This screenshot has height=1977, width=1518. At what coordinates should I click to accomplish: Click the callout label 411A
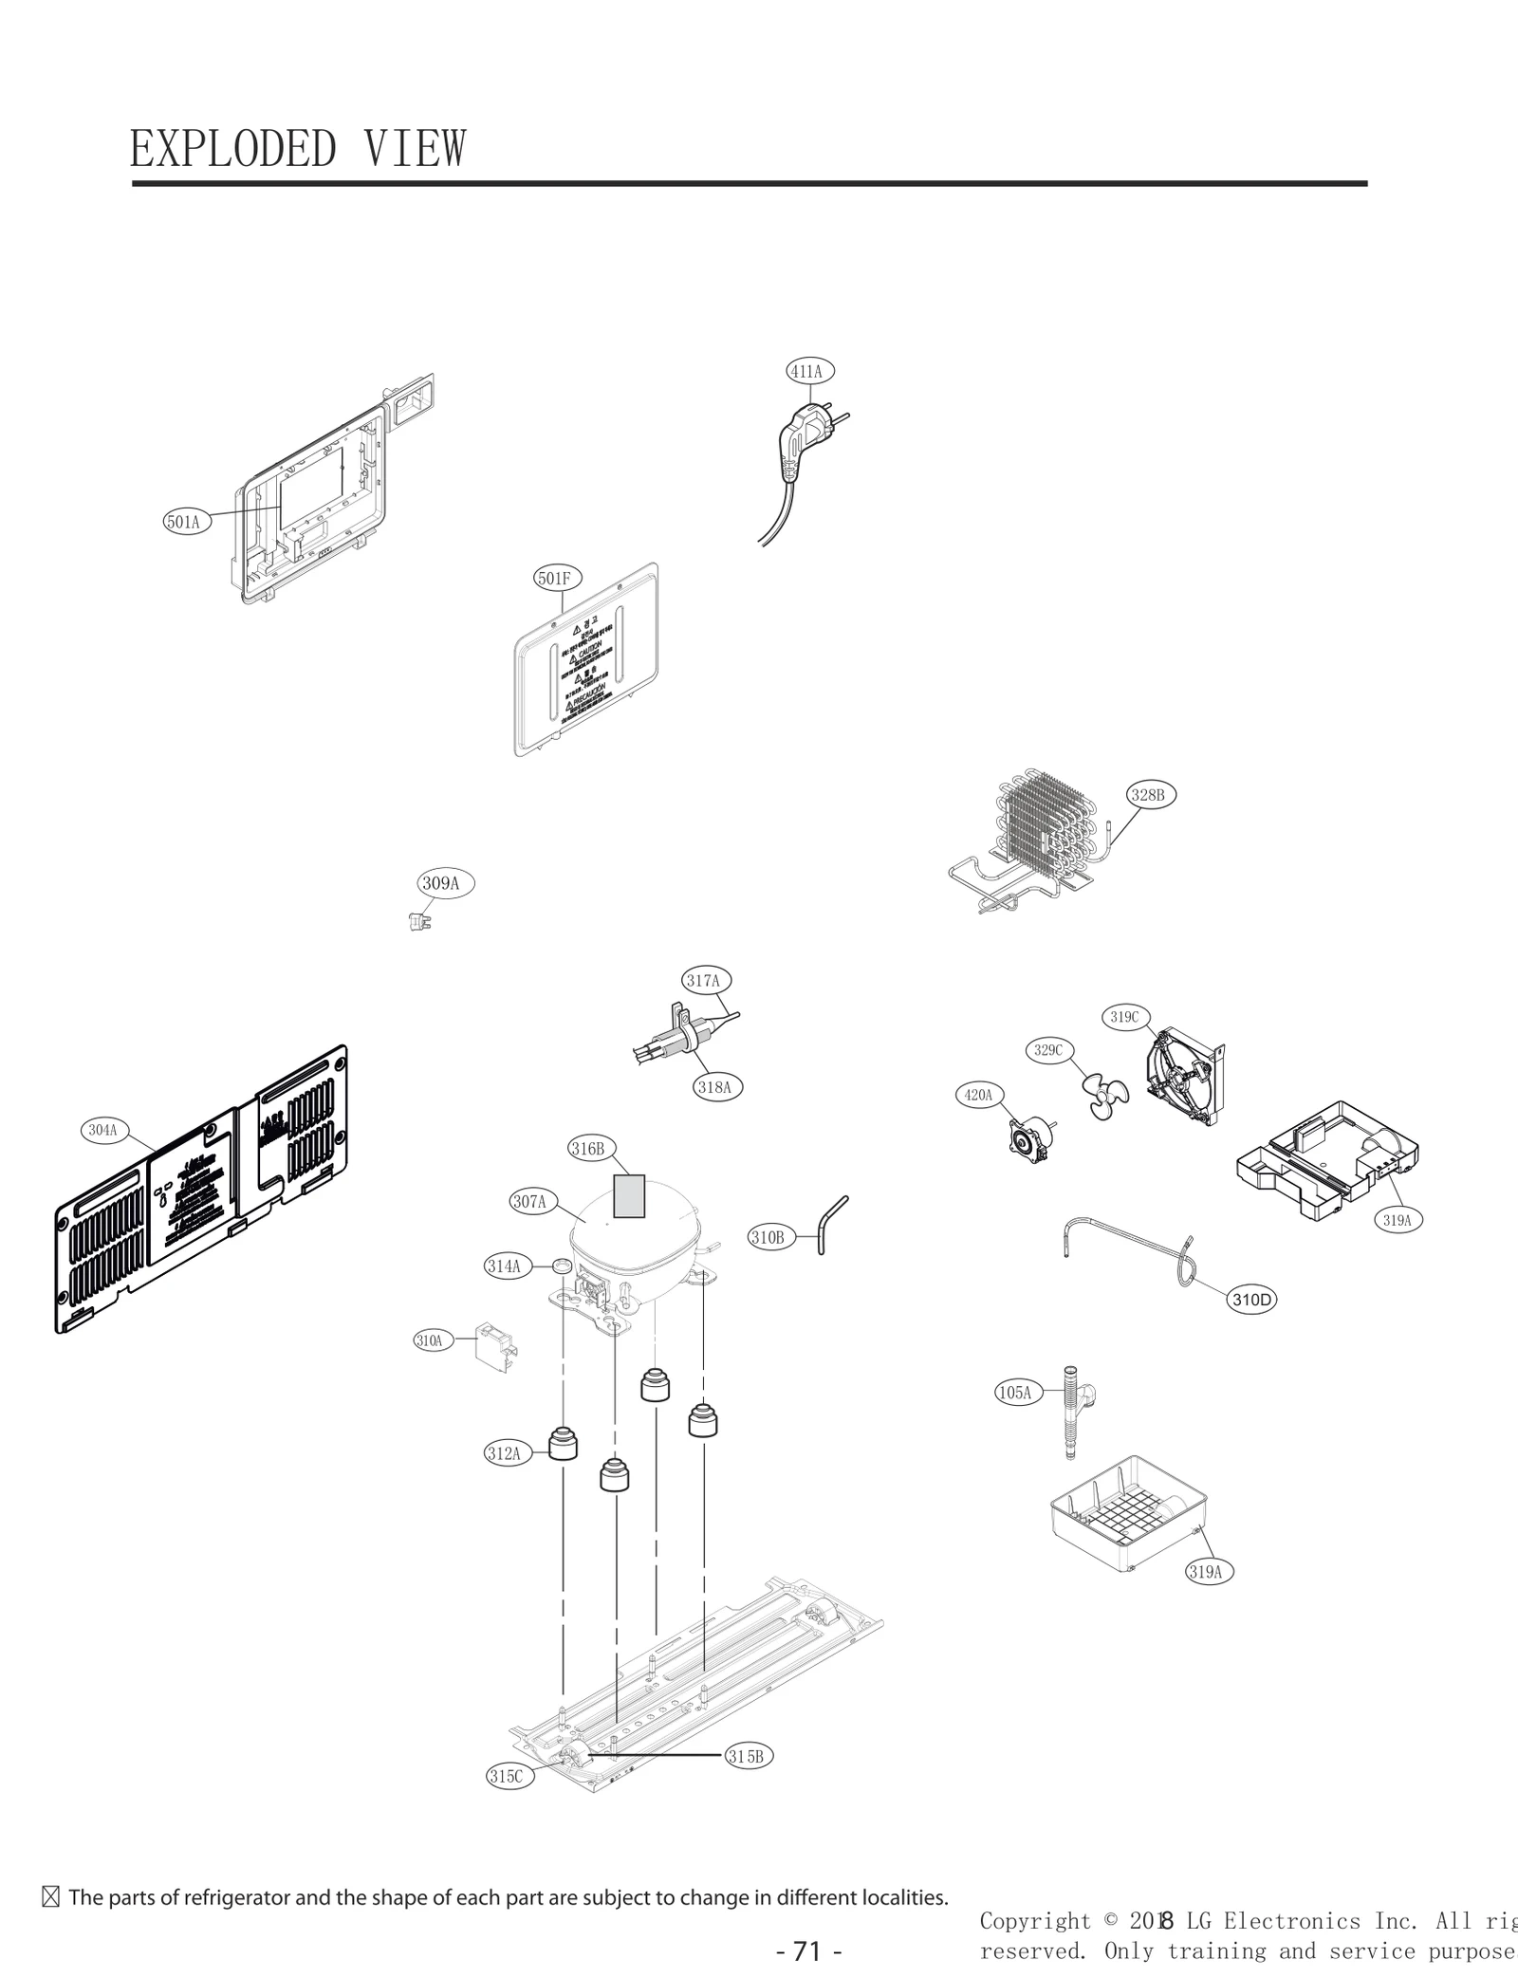point(808,371)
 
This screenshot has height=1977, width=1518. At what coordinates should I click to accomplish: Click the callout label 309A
point(442,883)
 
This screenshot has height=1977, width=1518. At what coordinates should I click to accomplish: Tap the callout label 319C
point(1125,1017)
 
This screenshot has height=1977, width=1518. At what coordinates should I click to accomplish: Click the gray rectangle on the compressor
point(629,1195)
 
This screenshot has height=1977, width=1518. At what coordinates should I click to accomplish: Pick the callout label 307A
point(530,1202)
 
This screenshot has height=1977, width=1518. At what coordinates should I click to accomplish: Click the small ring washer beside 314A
point(561,1266)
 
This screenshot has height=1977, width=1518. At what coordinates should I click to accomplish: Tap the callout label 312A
point(505,1452)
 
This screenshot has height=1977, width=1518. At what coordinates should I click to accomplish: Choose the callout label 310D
point(1251,1300)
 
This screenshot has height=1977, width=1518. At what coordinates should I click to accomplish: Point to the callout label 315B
point(747,1756)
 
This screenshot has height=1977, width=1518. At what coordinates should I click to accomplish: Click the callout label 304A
point(103,1130)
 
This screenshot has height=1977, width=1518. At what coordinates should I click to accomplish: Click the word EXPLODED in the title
point(232,149)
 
